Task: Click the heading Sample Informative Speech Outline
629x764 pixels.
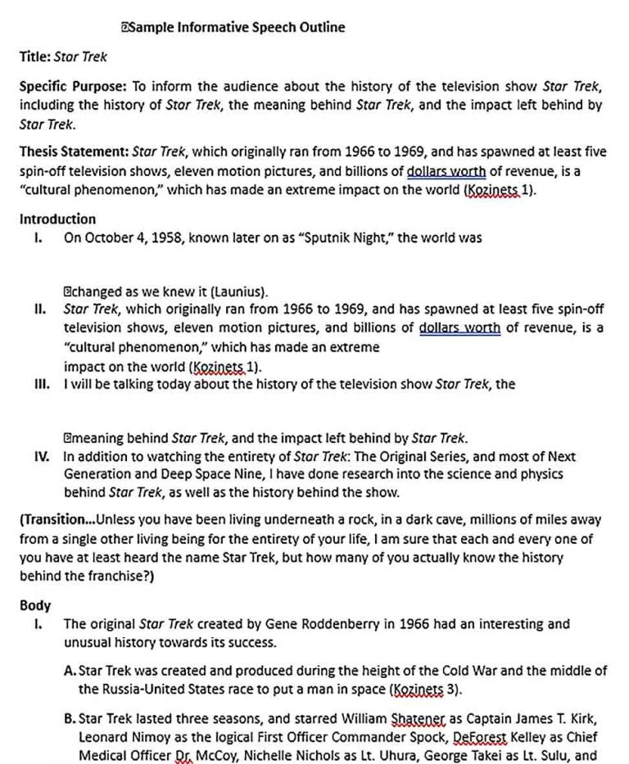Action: pyautogui.click(x=237, y=27)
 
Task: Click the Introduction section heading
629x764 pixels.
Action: pyautogui.click(x=57, y=219)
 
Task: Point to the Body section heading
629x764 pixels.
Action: pyautogui.click(x=35, y=606)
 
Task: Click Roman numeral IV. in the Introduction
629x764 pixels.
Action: pyautogui.click(x=43, y=457)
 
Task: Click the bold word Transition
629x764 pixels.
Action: pyautogui.click(x=57, y=520)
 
